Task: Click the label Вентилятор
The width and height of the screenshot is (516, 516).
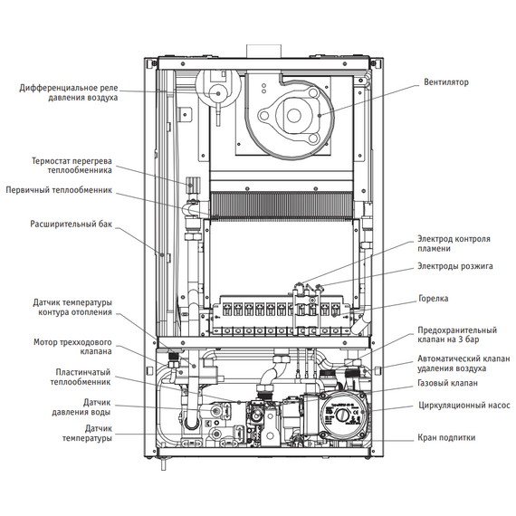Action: [x=446, y=82]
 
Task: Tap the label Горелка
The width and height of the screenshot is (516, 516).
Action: [x=433, y=299]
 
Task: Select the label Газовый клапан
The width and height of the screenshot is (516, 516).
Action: [x=447, y=383]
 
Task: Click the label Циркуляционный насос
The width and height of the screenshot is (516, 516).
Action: [x=464, y=405]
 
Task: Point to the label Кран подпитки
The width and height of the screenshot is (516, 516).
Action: [x=446, y=437]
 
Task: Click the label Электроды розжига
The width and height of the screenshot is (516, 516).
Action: [x=455, y=266]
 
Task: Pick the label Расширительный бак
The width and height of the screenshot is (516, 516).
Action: [x=72, y=225]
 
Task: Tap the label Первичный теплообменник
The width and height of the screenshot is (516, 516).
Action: [x=59, y=190]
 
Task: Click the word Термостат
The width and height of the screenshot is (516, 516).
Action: [x=51, y=161]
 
